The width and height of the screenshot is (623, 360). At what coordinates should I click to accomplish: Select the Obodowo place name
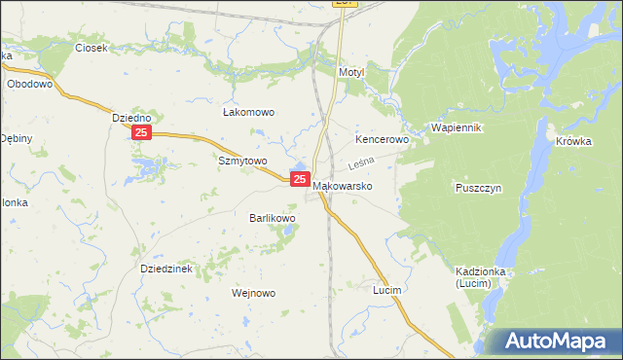coord(28,84)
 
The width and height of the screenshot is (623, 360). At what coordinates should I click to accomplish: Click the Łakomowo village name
coord(248,113)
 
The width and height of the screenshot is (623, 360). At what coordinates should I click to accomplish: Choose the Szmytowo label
coord(242,161)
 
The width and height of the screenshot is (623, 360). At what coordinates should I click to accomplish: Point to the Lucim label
coord(387,290)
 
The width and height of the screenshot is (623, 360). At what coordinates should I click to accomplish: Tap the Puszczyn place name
coord(477,188)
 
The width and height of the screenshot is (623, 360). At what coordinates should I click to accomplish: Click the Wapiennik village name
coord(457,127)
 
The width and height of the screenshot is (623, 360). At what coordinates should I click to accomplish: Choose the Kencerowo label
coord(382,140)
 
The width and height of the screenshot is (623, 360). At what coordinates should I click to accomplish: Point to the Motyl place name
coord(349,73)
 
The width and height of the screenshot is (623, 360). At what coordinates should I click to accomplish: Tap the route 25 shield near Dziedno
coord(142,132)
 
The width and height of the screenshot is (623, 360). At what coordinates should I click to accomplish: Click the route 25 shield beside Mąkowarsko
coord(300,180)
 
